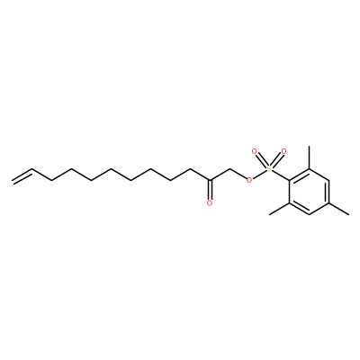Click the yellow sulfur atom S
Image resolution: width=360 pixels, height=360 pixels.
269,169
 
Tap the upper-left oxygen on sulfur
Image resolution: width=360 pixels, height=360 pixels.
255,151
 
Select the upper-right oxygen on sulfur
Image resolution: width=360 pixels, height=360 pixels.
283,151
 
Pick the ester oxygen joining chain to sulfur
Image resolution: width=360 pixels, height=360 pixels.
248,180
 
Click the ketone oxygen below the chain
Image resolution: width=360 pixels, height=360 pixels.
210,203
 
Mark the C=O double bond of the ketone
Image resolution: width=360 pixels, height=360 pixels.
210,190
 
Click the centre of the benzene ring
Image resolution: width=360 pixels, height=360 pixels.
310,192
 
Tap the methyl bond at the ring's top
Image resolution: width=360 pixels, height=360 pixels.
310,157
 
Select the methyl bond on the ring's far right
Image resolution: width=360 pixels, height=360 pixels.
339,209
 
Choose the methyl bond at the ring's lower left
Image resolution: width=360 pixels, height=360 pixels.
279,209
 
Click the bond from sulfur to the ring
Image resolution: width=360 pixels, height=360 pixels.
281,175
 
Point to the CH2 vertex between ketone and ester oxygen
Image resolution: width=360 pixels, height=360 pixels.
229,169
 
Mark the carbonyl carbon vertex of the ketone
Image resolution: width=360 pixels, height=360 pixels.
210,180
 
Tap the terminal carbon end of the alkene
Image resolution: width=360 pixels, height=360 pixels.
12,181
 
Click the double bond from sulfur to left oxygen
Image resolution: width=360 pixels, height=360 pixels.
262,160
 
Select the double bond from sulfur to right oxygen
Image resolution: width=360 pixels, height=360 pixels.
276,160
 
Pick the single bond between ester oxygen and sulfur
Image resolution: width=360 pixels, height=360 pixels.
259,175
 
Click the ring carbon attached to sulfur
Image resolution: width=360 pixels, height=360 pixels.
290,181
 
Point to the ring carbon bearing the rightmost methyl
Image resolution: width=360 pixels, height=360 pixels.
329,203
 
